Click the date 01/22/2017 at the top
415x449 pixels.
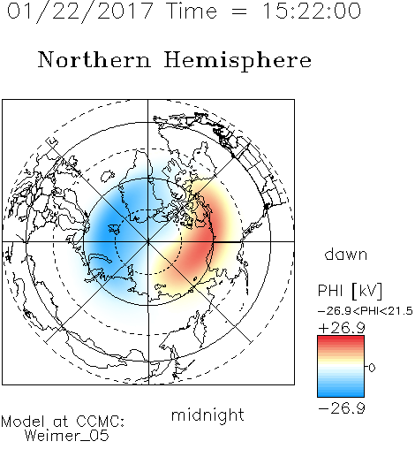tap(80, 11)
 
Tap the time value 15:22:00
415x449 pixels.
tap(312, 11)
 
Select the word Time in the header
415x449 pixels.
tap(192, 11)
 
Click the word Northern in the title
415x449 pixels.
tap(94, 59)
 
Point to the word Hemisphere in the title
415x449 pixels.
tap(238, 60)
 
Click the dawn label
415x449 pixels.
tap(346, 255)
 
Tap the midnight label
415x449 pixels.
tap(207, 415)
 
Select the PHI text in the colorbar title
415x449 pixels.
tap(330, 291)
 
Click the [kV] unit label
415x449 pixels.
tap(366, 291)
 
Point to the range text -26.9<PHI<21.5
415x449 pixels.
tap(366, 311)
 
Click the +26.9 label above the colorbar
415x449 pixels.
tap(342, 328)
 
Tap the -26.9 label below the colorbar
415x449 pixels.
tap(342, 408)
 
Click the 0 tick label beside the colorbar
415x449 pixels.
tap(372, 368)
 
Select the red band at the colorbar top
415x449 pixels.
tap(341, 340)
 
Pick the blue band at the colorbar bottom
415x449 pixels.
tap(341, 392)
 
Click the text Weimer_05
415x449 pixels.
tap(67, 436)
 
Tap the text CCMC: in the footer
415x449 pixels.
tap(101, 422)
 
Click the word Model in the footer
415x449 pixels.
tap(23, 422)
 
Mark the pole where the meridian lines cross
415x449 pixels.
tap(148, 242)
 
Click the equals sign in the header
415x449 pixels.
tap(239, 11)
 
